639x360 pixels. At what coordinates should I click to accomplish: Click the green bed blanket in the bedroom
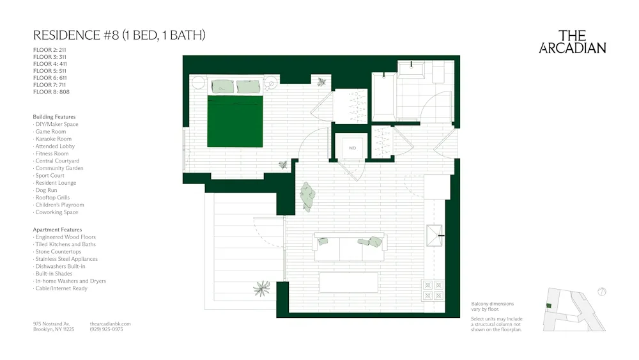point(235,121)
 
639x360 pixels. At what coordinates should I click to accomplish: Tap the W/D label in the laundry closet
point(351,148)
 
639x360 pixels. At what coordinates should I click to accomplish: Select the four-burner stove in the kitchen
point(433,290)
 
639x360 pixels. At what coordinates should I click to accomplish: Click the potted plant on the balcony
point(261,288)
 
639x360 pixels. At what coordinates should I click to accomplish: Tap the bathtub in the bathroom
point(383,97)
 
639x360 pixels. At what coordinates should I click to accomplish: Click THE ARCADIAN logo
point(573,42)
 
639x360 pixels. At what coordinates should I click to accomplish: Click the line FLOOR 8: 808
point(51,92)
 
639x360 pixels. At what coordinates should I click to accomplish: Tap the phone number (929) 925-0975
point(107,329)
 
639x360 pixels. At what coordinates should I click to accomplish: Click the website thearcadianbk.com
point(111,324)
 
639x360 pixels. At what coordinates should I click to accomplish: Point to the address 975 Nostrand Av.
point(51,324)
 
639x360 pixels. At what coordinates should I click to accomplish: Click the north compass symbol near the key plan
point(601,292)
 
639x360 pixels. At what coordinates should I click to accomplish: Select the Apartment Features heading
point(58,230)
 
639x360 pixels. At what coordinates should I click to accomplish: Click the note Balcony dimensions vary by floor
point(492,306)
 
